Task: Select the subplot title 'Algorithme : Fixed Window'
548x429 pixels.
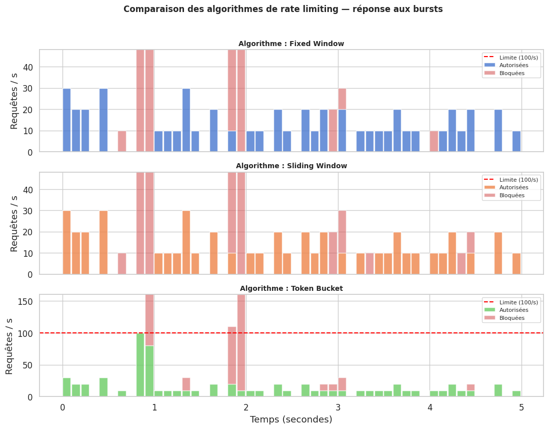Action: pyautogui.click(x=291, y=44)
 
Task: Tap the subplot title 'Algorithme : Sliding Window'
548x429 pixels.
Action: pyautogui.click(x=291, y=166)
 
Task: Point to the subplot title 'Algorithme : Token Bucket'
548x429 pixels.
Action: pyautogui.click(x=291, y=288)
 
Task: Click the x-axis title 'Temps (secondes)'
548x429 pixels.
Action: pyautogui.click(x=291, y=419)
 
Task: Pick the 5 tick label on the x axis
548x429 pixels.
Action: pyautogui.click(x=521, y=407)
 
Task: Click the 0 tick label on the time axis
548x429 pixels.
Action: pyautogui.click(x=62, y=407)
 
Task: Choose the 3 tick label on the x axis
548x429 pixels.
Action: pyautogui.click(x=338, y=407)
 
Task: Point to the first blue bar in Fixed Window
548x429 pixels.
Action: pyautogui.click(x=66, y=120)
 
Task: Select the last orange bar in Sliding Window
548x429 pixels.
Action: pyautogui.click(x=516, y=264)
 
